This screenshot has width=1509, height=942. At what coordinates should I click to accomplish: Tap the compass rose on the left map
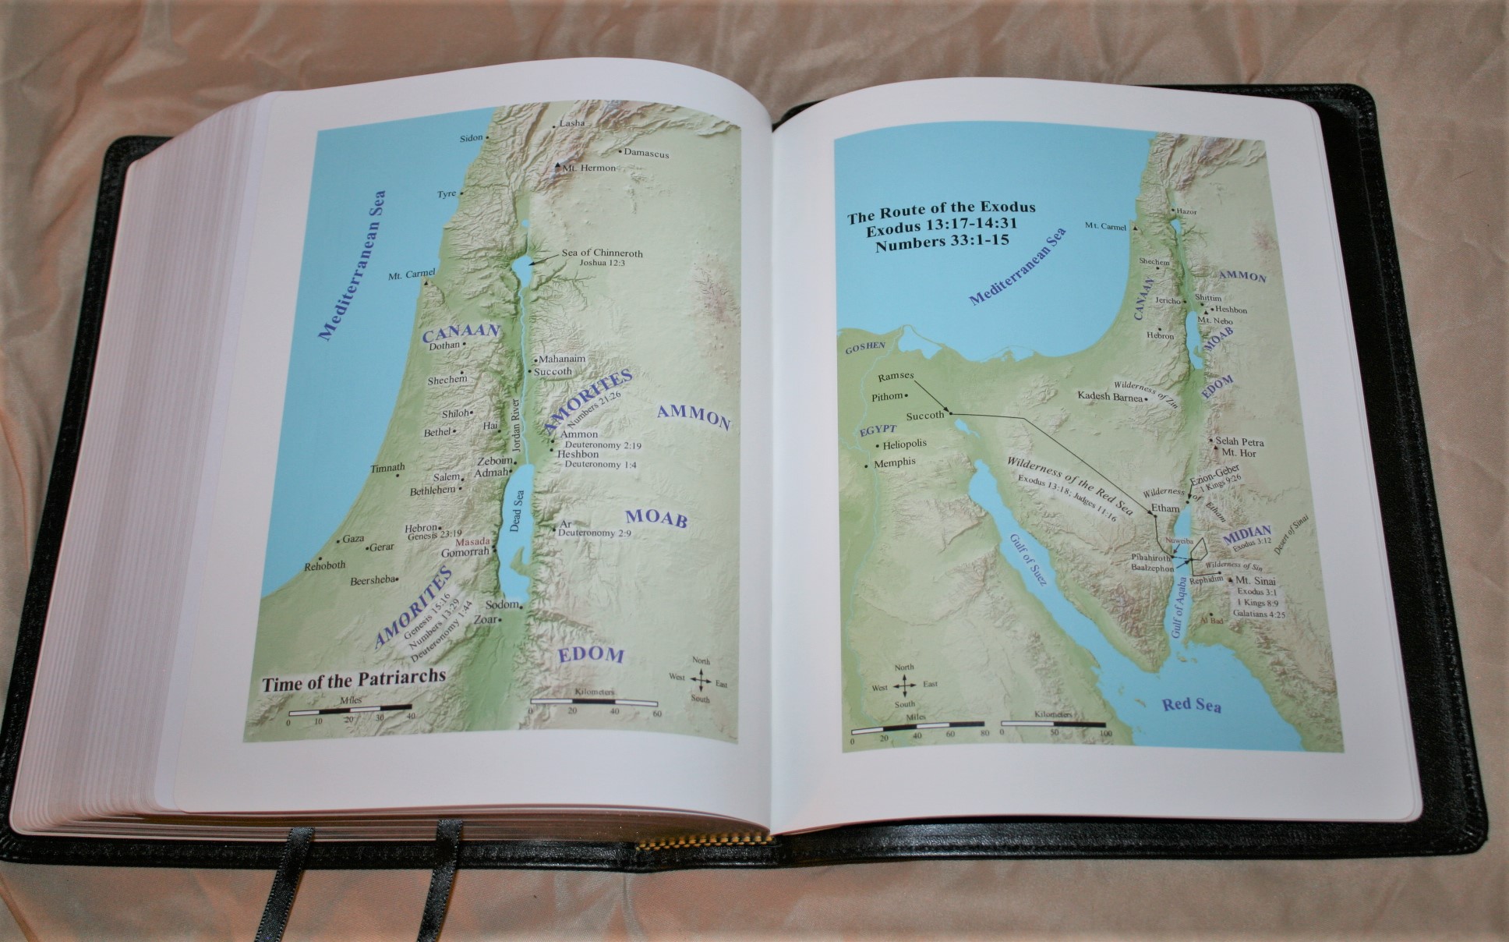tap(701, 680)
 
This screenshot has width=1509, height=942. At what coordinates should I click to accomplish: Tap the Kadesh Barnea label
tap(1109, 396)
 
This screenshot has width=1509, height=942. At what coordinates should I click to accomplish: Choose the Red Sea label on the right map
tap(1191, 706)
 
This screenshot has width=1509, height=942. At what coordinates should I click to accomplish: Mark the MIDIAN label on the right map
tap(1247, 536)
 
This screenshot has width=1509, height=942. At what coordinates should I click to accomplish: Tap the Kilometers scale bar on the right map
tap(1052, 724)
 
